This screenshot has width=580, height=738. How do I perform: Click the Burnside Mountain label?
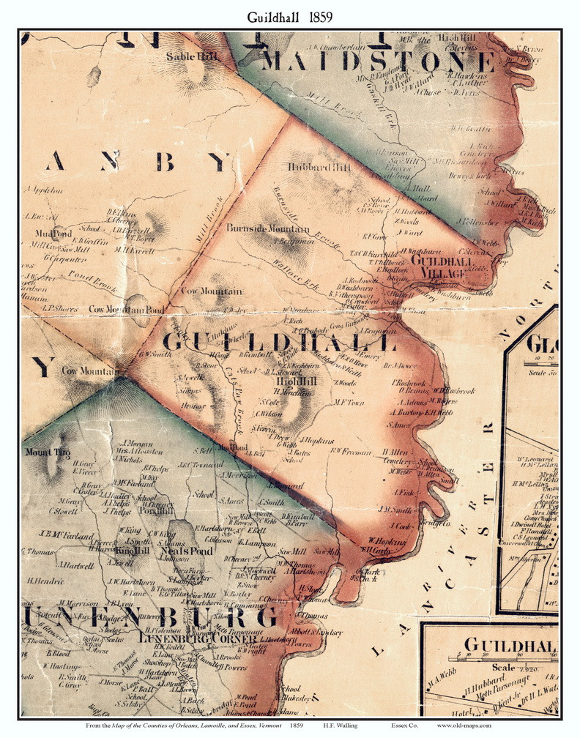point(268,228)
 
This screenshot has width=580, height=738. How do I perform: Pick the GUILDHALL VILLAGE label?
point(438,266)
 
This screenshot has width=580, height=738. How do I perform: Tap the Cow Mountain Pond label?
point(127,310)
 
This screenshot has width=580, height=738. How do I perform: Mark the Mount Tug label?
point(48,452)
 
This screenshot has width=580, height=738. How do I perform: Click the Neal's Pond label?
point(191,551)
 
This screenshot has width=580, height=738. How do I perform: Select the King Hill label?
point(133,550)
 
